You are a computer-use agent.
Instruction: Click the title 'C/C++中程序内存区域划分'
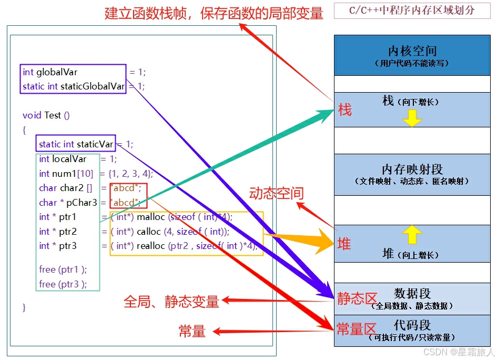pyautogui.click(x=412, y=11)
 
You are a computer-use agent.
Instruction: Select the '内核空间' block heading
pyautogui.click(x=412, y=51)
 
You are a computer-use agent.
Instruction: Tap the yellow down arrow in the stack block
pyautogui.click(x=412, y=118)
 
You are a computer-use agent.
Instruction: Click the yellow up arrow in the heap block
pyautogui.click(x=412, y=234)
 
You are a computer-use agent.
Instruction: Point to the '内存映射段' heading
pyautogui.click(x=412, y=169)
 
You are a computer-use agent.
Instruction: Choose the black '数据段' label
pyautogui.click(x=412, y=293)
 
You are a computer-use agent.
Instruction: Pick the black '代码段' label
pyautogui.click(x=412, y=325)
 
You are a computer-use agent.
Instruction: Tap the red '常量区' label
pyautogui.click(x=356, y=329)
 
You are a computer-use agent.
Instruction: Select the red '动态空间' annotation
pyautogui.click(x=277, y=193)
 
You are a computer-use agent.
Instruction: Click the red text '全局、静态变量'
pyautogui.click(x=171, y=302)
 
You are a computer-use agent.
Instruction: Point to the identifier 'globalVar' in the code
pyautogui.click(x=57, y=72)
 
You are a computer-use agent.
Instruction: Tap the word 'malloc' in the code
pyautogui.click(x=151, y=217)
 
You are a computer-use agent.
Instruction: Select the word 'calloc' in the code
pyautogui.click(x=149, y=232)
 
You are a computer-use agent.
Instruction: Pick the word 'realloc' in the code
pyautogui.click(x=151, y=246)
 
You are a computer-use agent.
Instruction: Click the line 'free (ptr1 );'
pyautogui.click(x=63, y=269)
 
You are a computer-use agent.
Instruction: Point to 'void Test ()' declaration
pyautogui.click(x=46, y=115)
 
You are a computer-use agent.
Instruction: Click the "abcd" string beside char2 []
pyautogui.click(x=126, y=188)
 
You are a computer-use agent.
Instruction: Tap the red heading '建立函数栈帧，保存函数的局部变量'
pyautogui.click(x=214, y=13)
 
